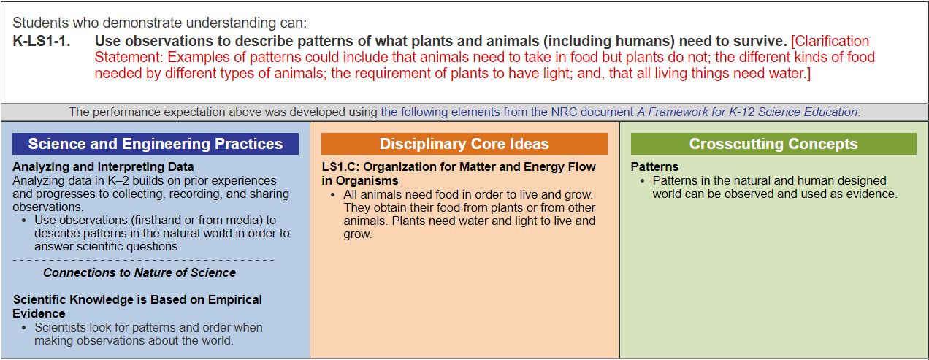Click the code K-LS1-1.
pos(42,41)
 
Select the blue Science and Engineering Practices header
pos(156,144)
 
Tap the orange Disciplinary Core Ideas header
pos(464,144)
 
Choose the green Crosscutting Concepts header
pos(773,144)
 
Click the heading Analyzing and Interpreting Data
pos(103,166)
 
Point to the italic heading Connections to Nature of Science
pos(139,272)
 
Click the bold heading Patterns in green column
pos(654,166)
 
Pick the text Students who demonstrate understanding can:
pos(160,23)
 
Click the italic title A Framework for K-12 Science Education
pos(747,112)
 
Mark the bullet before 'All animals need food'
pos(332,194)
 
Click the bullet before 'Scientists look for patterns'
pos(23,328)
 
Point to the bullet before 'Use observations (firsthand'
pos(23,221)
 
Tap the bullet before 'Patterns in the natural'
pos(642,181)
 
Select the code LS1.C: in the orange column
pos(340,166)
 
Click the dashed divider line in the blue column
pos(143,260)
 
